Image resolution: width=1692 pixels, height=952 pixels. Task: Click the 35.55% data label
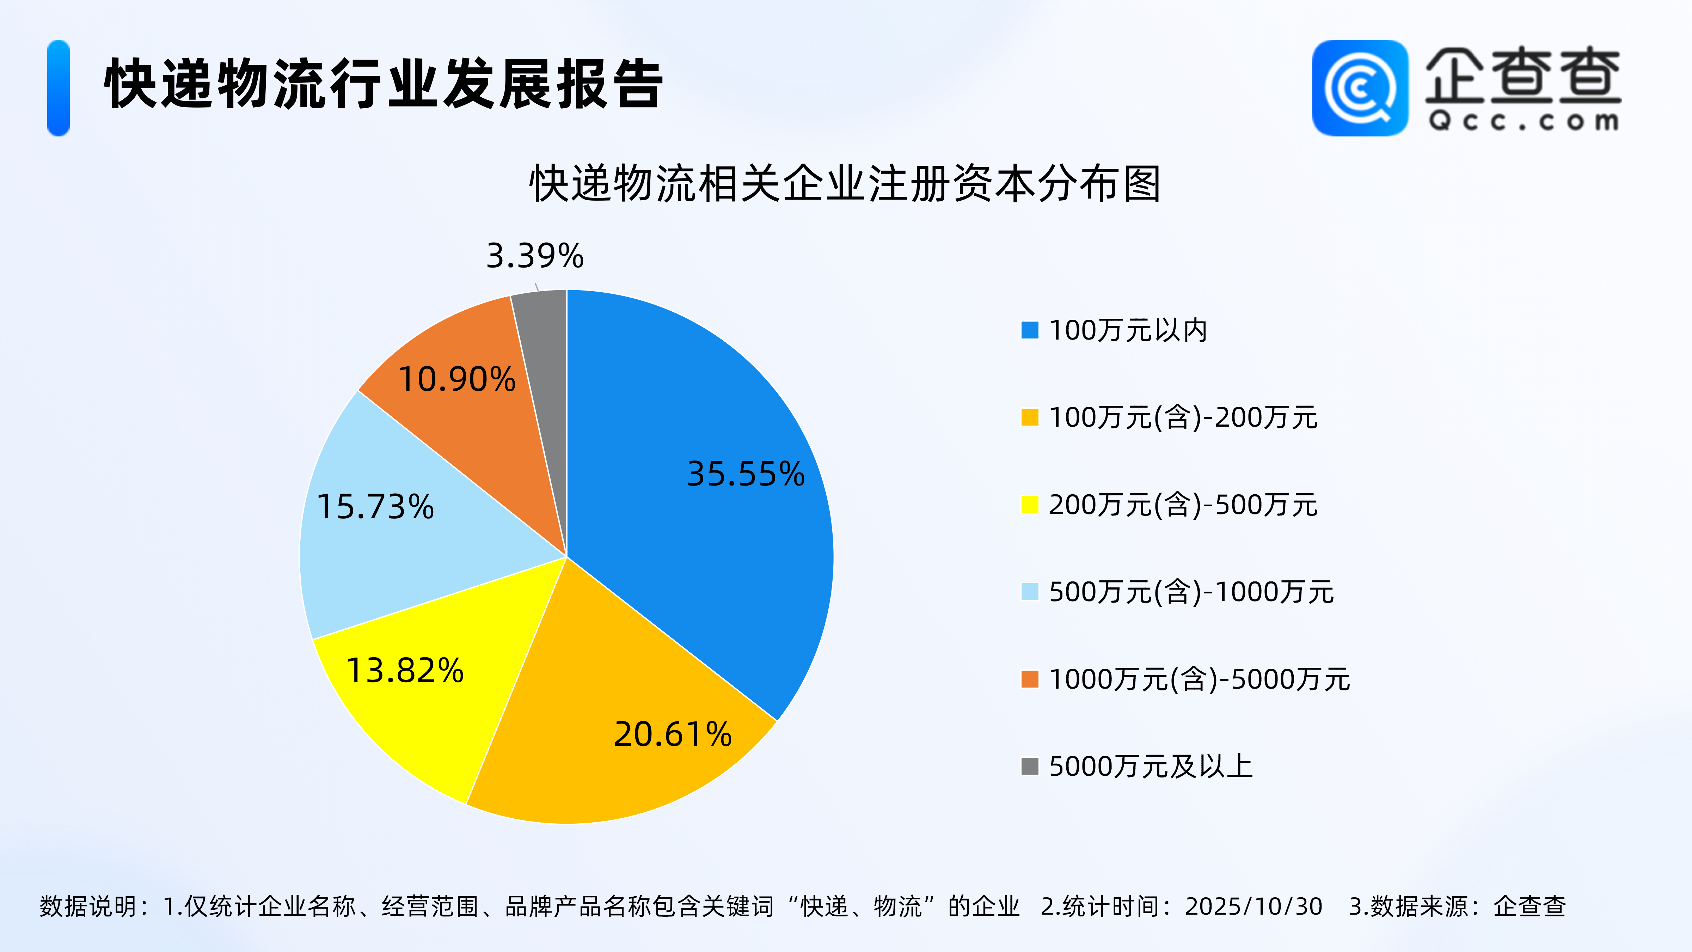click(746, 474)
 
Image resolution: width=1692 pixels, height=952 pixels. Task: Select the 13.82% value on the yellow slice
click(405, 671)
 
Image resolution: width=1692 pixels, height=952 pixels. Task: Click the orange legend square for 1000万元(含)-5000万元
click(1029, 679)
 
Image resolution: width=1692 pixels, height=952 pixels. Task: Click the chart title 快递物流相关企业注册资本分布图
click(845, 184)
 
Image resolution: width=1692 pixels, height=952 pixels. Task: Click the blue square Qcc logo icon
click(1360, 88)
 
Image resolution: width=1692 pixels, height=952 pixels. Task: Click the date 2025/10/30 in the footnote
click(1253, 907)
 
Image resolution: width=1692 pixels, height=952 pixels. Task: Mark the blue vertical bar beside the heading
click(59, 88)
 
